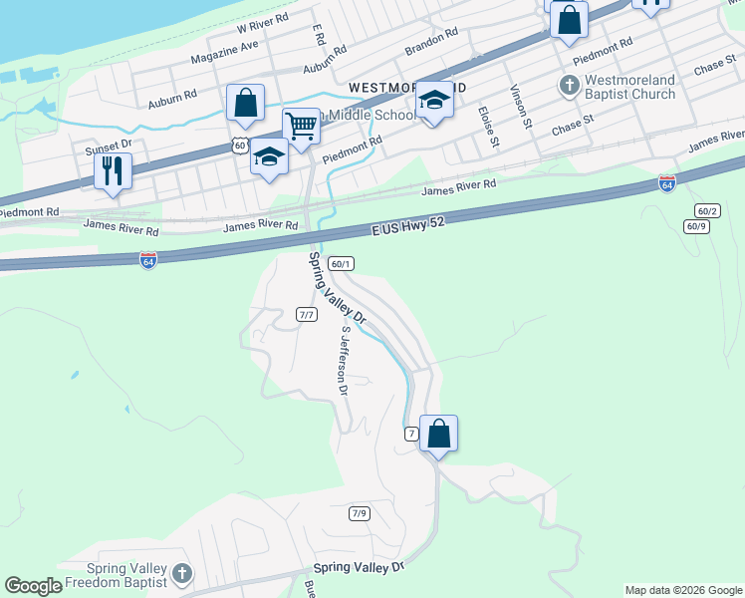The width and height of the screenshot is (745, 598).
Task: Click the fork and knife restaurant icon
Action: click(x=113, y=169)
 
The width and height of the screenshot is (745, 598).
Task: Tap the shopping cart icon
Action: click(x=301, y=126)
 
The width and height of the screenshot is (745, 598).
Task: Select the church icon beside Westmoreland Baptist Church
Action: click(x=569, y=86)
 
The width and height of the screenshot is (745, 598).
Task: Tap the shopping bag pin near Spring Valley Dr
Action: click(x=438, y=434)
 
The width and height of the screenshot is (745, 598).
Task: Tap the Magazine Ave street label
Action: click(x=230, y=53)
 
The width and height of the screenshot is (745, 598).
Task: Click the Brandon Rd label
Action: click(x=430, y=41)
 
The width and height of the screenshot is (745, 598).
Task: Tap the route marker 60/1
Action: click(x=341, y=264)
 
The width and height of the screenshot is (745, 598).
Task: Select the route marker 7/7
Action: click(x=306, y=315)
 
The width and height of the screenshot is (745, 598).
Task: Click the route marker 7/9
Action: click(x=359, y=514)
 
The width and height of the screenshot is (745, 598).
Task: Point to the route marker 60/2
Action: click(x=707, y=210)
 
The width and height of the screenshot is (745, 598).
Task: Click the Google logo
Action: click(x=34, y=586)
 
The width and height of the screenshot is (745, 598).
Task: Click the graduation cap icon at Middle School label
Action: click(x=433, y=101)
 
